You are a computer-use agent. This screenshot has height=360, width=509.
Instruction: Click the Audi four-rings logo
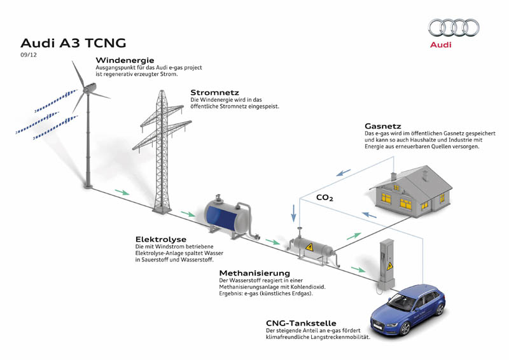click(x=454, y=27)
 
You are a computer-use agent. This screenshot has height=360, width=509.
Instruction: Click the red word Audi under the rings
click(x=440, y=45)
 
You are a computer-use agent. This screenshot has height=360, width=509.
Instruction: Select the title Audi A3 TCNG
click(x=73, y=43)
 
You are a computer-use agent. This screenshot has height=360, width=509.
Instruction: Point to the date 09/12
click(x=29, y=55)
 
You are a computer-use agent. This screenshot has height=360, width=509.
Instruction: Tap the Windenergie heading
click(x=125, y=60)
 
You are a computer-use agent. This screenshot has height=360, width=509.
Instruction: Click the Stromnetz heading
click(x=214, y=92)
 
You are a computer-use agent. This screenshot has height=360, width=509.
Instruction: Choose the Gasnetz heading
click(x=383, y=126)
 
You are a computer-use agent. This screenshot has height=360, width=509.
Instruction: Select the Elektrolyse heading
click(x=161, y=240)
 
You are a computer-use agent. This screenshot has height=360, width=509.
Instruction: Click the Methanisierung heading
click(x=254, y=273)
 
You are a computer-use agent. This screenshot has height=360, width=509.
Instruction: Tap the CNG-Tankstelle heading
click(x=301, y=323)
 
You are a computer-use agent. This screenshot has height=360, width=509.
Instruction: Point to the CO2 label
click(x=324, y=198)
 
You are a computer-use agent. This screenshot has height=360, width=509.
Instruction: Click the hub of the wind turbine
click(x=87, y=90)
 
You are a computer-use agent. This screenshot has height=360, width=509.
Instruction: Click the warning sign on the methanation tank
click(x=309, y=247)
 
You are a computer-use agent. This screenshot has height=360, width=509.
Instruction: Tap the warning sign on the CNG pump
click(x=389, y=267)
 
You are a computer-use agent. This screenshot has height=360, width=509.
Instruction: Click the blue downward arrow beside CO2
click(x=294, y=213)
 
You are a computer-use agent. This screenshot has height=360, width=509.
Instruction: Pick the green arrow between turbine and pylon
click(x=122, y=193)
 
